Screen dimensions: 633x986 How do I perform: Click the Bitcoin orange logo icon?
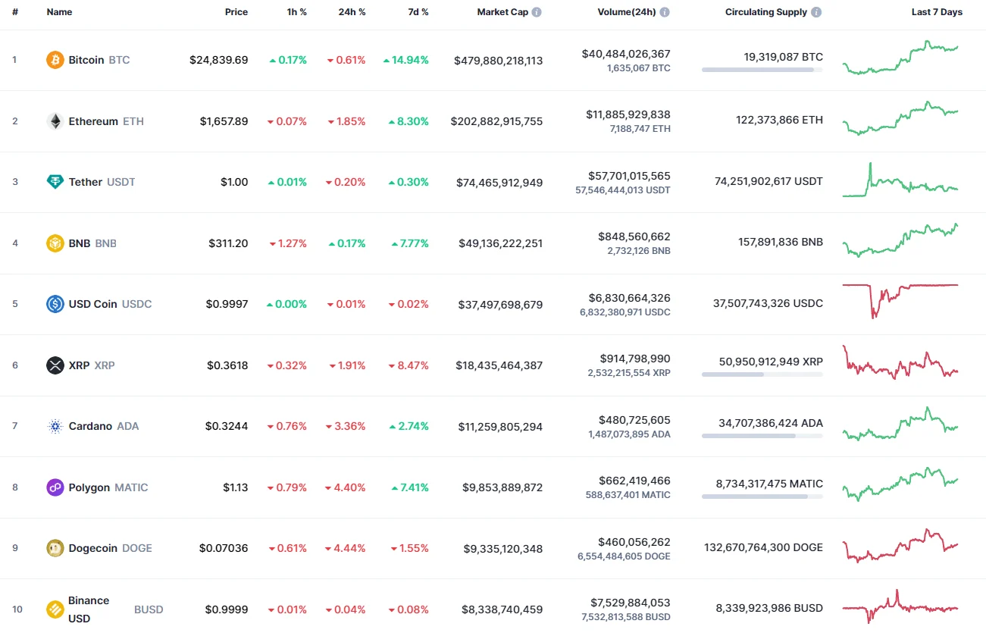(x=55, y=60)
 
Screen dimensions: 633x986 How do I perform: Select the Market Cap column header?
(x=502, y=12)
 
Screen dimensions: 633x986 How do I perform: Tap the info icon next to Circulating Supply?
(x=816, y=12)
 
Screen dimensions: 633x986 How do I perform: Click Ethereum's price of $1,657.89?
(x=224, y=121)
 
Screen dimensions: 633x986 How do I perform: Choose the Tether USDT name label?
(x=102, y=182)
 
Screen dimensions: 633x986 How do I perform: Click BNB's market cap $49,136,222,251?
(x=500, y=243)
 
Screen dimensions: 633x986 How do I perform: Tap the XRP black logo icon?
(x=55, y=365)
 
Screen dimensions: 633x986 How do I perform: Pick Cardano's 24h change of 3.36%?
(x=346, y=426)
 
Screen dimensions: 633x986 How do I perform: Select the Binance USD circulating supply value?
(x=769, y=607)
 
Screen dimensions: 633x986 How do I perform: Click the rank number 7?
(x=14, y=426)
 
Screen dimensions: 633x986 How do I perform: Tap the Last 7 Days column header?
(x=936, y=12)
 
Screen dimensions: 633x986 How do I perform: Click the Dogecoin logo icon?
(x=55, y=548)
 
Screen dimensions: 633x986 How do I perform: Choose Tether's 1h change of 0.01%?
(x=288, y=182)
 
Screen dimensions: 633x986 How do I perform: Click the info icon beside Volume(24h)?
(x=665, y=12)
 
